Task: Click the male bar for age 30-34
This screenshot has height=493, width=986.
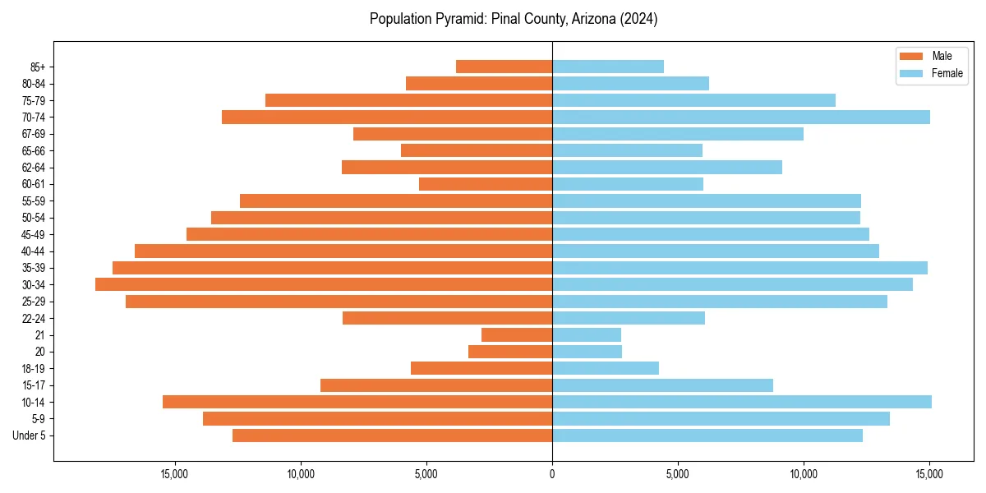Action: pos(324,284)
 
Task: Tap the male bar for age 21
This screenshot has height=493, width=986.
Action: pos(517,334)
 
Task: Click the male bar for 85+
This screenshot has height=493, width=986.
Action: pos(504,67)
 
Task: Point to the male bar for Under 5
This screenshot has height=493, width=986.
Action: pos(392,435)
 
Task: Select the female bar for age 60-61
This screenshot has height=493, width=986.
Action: pos(628,184)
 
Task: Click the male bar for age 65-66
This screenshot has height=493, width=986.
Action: pos(477,150)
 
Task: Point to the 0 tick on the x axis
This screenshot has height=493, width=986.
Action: pos(552,473)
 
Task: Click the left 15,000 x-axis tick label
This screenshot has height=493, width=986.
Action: pos(175,473)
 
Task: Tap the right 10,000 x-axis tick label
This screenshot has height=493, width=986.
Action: pos(804,473)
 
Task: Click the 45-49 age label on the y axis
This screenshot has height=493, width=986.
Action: pos(34,234)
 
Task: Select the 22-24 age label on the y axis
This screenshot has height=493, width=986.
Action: pos(34,318)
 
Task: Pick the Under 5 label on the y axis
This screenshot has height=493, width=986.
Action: pos(30,435)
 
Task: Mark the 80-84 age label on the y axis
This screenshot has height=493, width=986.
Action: pos(34,84)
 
